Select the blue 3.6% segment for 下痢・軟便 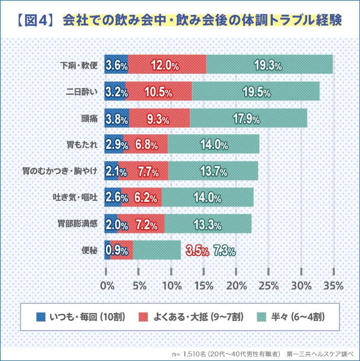point(116,65)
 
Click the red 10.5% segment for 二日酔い point(159,92)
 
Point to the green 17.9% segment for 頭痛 point(248,119)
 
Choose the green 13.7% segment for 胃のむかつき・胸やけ point(213,172)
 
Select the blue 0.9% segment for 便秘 point(107,251)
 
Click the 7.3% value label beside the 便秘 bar point(224,251)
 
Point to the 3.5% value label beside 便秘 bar point(197,251)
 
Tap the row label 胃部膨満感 point(77,224)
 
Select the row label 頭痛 point(89,119)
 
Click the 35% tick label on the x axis point(334,285)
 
